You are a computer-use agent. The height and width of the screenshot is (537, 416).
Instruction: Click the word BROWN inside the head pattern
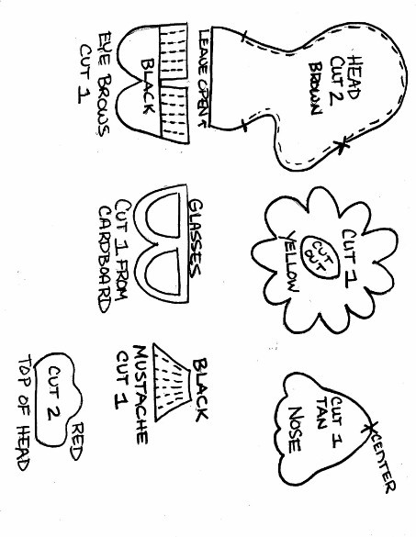click(x=315, y=88)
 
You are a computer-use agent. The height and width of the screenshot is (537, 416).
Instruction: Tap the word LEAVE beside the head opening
click(x=204, y=51)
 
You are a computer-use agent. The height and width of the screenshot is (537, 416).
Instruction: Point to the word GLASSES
click(x=196, y=239)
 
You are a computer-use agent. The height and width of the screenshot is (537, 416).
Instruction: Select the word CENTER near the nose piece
click(x=384, y=464)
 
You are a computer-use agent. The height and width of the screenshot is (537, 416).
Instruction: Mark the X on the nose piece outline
click(x=369, y=427)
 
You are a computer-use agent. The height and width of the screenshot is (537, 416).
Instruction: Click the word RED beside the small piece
click(x=77, y=442)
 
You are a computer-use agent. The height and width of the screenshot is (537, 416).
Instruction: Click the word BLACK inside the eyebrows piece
click(x=148, y=85)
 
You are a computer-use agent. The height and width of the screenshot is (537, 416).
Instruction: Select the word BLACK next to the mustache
click(x=200, y=389)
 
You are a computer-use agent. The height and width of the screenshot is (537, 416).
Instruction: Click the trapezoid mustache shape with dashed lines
click(x=172, y=382)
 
